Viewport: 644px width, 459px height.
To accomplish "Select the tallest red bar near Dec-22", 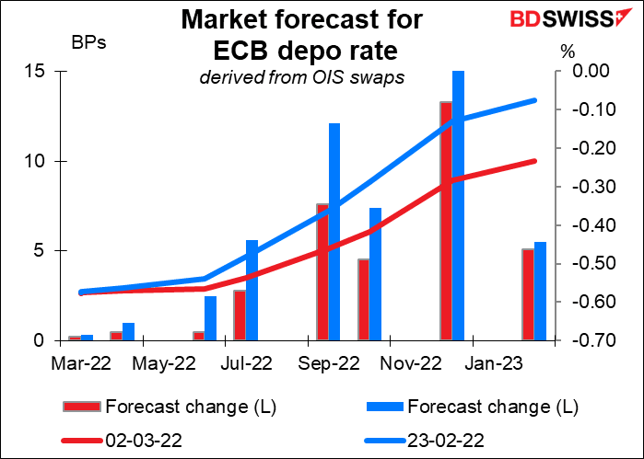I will (x=446, y=221).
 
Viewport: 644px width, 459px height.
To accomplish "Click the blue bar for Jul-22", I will (x=252, y=290).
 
